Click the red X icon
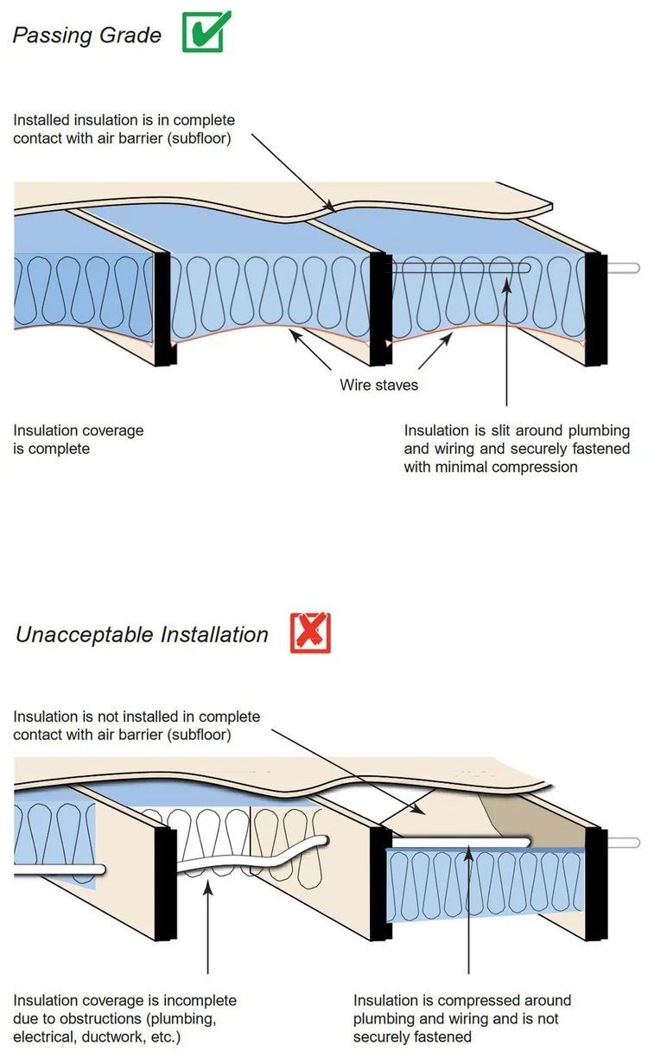coord(310,633)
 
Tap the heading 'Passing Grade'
coord(86,35)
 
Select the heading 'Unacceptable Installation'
coord(142,634)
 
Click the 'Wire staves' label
coord(378,385)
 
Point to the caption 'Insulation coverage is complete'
coord(79,439)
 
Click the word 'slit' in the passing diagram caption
coord(499,430)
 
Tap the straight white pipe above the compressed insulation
coord(458,841)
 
